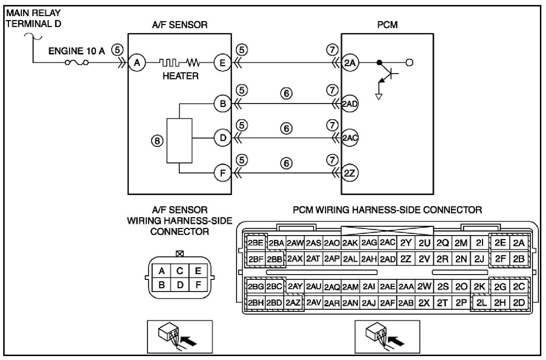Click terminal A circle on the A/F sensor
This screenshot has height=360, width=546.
point(137,63)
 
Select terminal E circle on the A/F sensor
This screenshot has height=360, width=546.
point(223,63)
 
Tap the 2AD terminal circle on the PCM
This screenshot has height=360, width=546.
point(350,103)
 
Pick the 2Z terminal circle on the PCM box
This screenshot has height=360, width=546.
point(350,173)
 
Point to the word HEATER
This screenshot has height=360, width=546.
point(181,76)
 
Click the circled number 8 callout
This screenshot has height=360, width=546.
point(157,141)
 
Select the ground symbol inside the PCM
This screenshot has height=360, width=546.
point(379,97)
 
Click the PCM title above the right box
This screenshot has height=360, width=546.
point(387,25)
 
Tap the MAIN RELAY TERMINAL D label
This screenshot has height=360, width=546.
point(33,18)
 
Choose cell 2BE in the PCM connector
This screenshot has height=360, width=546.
point(255,243)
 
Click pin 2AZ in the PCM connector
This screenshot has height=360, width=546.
point(293,303)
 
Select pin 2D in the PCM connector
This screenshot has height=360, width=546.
point(519,303)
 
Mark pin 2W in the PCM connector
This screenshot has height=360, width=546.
point(424,287)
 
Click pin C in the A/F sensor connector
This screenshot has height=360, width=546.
point(180,271)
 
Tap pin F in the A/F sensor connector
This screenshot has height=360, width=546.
point(198,284)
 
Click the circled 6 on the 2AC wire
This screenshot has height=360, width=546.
point(286,128)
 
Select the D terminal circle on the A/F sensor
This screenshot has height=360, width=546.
point(223,138)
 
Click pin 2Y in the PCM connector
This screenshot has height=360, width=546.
point(406,243)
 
